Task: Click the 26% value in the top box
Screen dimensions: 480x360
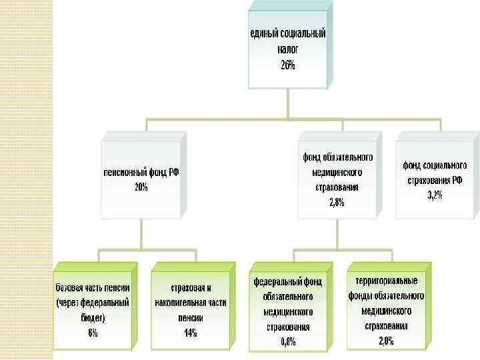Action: pyautogui.click(x=287, y=65)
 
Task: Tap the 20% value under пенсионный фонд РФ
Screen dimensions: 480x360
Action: pyautogui.click(x=141, y=187)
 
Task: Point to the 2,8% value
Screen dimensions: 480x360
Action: pyautogui.click(x=337, y=203)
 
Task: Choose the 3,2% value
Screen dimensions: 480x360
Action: pyautogui.click(x=435, y=195)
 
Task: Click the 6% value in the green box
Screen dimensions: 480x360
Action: pyautogui.click(x=93, y=334)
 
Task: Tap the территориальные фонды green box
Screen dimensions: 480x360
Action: pyautogui.click(x=385, y=310)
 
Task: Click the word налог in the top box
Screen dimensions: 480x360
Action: pyautogui.click(x=287, y=49)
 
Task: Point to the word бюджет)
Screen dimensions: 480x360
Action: pyautogui.click(x=90, y=318)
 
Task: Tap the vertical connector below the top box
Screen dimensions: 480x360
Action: pyautogui.click(x=288, y=104)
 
